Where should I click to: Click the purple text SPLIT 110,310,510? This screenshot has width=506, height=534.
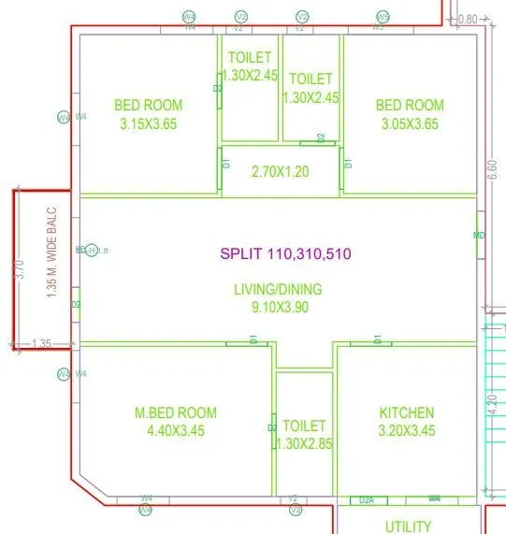click(x=285, y=253)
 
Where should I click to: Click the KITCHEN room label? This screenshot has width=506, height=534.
click(x=406, y=412)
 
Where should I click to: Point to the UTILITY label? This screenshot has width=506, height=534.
click(x=409, y=527)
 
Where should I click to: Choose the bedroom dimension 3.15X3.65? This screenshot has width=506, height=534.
click(x=149, y=123)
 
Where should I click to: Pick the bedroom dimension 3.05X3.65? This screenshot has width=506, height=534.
click(x=410, y=123)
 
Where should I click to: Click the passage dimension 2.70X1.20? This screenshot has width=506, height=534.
click(x=281, y=172)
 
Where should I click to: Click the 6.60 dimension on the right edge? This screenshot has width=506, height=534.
click(x=492, y=174)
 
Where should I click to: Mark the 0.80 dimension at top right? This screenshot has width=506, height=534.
click(x=469, y=19)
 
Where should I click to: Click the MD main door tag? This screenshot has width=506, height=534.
click(x=479, y=236)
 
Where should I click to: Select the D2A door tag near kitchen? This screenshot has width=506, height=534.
click(x=368, y=500)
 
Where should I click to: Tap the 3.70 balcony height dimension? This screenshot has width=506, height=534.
click(x=19, y=271)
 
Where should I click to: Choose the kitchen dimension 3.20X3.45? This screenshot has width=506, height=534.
click(x=406, y=430)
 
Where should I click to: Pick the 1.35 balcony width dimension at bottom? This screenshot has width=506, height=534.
click(x=41, y=344)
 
